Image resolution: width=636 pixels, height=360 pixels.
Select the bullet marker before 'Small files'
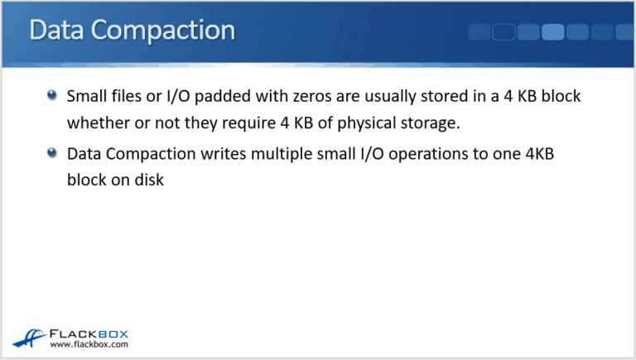52,96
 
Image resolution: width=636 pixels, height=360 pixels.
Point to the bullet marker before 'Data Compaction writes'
52,153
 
